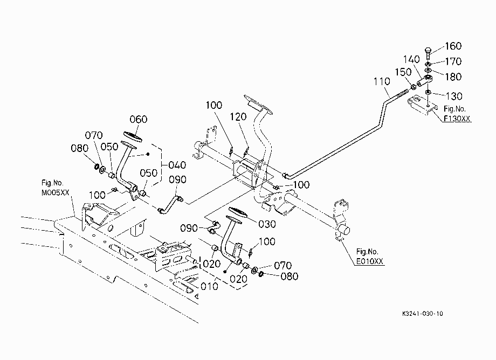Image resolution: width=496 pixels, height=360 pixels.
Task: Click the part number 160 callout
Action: [x=453, y=46]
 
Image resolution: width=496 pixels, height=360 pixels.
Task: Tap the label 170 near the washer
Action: [x=453, y=61]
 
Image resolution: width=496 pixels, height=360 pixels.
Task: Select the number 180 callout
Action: [x=453, y=77]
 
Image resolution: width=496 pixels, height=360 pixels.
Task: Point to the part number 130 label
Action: [x=454, y=96]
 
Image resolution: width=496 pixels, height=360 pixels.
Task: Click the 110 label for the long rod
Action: [x=382, y=81]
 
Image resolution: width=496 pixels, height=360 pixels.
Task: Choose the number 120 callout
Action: [x=238, y=117]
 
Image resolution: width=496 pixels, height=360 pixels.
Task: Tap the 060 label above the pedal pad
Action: [x=139, y=119]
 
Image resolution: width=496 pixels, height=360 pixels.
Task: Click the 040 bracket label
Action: [x=177, y=165]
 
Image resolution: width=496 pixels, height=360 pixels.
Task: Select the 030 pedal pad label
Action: [x=267, y=224]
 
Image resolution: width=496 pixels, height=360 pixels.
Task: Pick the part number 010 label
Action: [x=209, y=286]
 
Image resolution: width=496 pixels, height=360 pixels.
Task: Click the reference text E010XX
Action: [x=369, y=261]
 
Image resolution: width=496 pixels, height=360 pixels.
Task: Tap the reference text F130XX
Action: [x=457, y=119]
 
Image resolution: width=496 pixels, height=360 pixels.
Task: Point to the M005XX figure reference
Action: [x=56, y=193]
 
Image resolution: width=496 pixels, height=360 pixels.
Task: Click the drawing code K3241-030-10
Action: [x=423, y=314]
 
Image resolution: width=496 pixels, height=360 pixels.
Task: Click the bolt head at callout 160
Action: [x=428, y=50]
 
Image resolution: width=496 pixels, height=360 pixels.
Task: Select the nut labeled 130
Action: [x=428, y=92]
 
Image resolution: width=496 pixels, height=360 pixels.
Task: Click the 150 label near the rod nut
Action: [x=403, y=72]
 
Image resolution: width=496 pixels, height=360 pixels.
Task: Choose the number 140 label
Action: [x=411, y=59]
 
